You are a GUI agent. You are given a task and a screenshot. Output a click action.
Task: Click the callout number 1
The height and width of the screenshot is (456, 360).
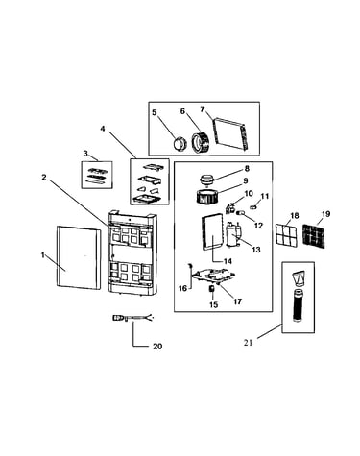pos(42,255)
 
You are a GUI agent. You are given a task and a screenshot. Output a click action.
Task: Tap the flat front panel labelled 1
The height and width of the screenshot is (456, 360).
pos(79,256)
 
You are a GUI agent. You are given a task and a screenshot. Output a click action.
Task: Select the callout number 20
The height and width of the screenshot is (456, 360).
pos(157,347)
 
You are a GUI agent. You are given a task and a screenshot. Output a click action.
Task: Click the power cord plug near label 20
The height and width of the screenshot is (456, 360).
pos(119,318)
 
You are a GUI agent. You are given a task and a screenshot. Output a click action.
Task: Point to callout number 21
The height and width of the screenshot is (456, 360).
pos(248,343)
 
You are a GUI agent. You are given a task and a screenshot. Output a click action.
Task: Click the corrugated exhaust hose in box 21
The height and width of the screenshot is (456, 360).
pos(298,305)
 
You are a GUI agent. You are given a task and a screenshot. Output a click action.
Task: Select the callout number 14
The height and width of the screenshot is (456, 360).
pos(228,261)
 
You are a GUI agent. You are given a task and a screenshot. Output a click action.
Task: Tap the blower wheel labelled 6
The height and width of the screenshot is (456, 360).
pos(201,142)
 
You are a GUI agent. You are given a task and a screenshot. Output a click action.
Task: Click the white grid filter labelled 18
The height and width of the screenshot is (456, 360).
pos(286,235)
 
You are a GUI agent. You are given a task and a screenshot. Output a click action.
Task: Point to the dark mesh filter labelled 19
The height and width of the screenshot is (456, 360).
pos(314,236)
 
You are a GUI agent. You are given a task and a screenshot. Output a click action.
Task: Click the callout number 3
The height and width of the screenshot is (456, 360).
pos(85,154)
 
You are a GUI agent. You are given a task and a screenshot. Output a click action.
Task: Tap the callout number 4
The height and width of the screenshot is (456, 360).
pos(103,129)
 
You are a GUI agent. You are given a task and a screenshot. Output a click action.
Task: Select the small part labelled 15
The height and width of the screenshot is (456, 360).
pos(211,288)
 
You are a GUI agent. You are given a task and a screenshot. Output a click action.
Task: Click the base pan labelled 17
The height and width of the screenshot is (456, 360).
pos(214,276)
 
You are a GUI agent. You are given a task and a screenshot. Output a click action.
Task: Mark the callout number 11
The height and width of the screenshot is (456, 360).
pos(265,196)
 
